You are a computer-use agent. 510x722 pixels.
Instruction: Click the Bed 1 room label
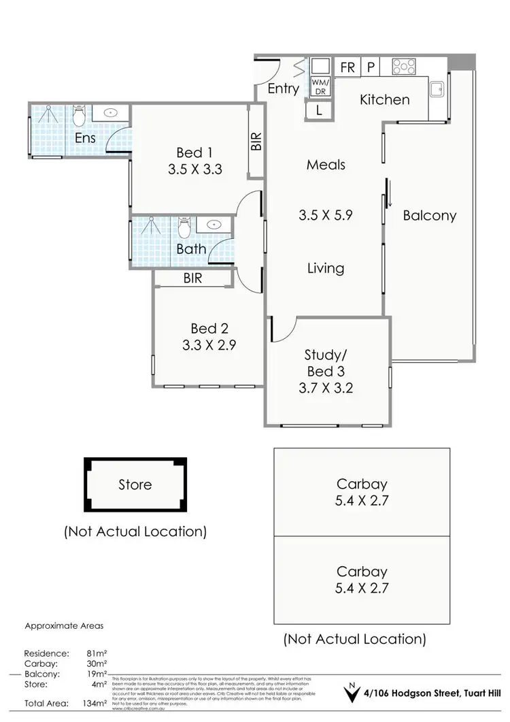coord(189,152)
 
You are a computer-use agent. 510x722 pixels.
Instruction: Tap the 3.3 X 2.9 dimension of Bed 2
coord(209,344)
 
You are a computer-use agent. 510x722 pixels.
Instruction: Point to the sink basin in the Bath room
coord(215,224)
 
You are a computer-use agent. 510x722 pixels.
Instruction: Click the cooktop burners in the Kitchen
coord(404,67)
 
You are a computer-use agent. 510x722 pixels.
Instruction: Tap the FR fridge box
coord(347,67)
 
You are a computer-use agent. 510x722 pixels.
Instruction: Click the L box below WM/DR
coord(319,110)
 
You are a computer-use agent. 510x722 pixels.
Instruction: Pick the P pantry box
coord(371,67)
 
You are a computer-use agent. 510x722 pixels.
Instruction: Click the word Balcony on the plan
coord(429,216)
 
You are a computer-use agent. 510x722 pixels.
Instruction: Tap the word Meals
coord(326,165)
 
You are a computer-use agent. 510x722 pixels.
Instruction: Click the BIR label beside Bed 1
coord(256,142)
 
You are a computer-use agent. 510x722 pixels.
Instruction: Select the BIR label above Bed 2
coord(192,278)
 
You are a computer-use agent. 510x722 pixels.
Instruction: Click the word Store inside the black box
coord(135,485)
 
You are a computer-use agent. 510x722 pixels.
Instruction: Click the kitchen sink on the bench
coord(437,88)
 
